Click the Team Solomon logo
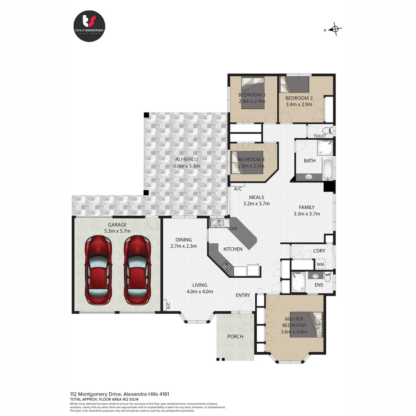pos(89,26)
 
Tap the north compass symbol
pos(335,29)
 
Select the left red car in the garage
pos(99,270)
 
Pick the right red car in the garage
pos(137,270)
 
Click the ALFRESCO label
pos(186,159)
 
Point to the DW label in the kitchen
pos(233,229)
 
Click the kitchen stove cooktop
pos(226,265)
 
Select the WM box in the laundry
pos(320,264)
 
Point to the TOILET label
pos(320,136)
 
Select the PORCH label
pos(235,336)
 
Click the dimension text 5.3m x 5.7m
pos(117,231)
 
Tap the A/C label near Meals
pos(238,189)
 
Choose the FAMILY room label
pos(307,207)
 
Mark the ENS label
pos(319,285)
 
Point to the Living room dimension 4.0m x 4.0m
pos(200,291)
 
